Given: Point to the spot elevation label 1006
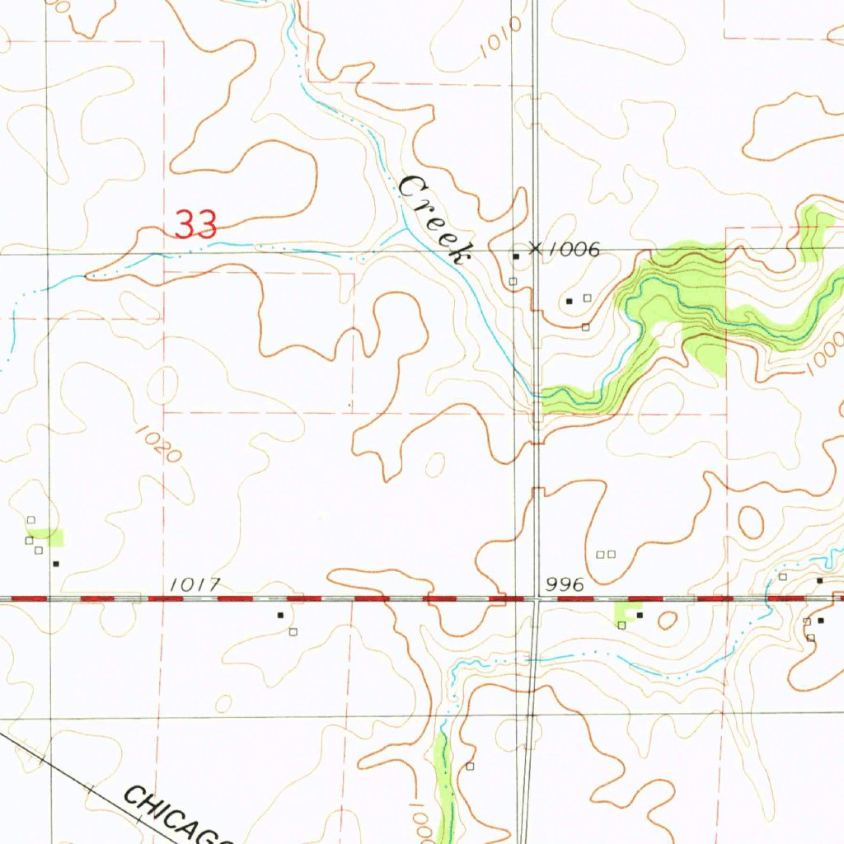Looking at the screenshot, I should pyautogui.click(x=575, y=249).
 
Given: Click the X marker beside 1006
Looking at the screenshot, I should pyautogui.click(x=536, y=247).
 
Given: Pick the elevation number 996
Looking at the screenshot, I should pyautogui.click(x=565, y=584).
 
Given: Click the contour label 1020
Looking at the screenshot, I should pyautogui.click(x=157, y=443).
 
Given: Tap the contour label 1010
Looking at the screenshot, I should pyautogui.click(x=499, y=38).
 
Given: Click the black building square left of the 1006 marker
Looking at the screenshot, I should pyautogui.click(x=517, y=257).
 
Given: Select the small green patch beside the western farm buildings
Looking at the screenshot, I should pyautogui.click(x=55, y=538).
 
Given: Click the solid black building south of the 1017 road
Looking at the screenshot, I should pyautogui.click(x=280, y=615).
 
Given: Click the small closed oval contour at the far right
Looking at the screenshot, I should pyautogui.click(x=751, y=522).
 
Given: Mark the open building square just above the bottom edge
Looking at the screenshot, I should pyautogui.click(x=471, y=766).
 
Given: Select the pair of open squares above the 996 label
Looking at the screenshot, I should pyautogui.click(x=606, y=554).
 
